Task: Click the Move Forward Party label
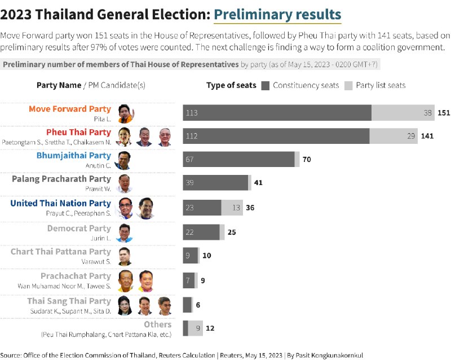[70, 109]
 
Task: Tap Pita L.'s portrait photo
[125, 113]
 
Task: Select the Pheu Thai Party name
[78, 132]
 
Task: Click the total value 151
[444, 113]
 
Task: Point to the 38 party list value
[428, 113]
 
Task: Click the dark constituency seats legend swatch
[266, 86]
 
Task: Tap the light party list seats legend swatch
[348, 86]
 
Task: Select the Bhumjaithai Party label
[74, 155]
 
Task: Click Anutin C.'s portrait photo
[123, 160]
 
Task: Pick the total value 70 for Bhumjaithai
[307, 160]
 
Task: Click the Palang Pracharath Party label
[61, 179]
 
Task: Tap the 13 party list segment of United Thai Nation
[236, 208]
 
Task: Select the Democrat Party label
[79, 228]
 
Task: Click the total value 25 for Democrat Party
[232, 232]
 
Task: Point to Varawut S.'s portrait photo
[125, 256]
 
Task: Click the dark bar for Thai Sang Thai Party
[187, 305]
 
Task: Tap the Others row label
[157, 324]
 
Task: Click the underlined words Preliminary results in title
[277, 14]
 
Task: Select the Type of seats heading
[231, 86]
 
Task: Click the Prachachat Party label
[76, 276]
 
